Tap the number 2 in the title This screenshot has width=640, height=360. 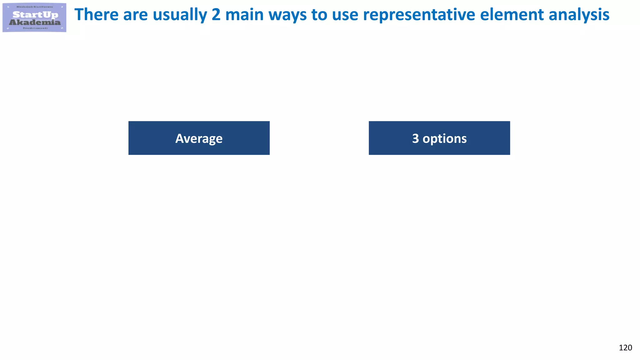coord(216,15)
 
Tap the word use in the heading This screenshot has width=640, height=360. coord(345,15)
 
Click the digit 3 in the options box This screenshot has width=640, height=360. coord(415,138)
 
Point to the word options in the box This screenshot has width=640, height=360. coord(445,139)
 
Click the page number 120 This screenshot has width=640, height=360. coord(625,348)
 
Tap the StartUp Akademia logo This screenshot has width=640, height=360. coord(34,17)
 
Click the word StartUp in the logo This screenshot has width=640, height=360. coord(35,15)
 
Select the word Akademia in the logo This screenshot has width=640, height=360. coord(35,22)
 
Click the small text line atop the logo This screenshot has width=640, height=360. coord(35,7)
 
